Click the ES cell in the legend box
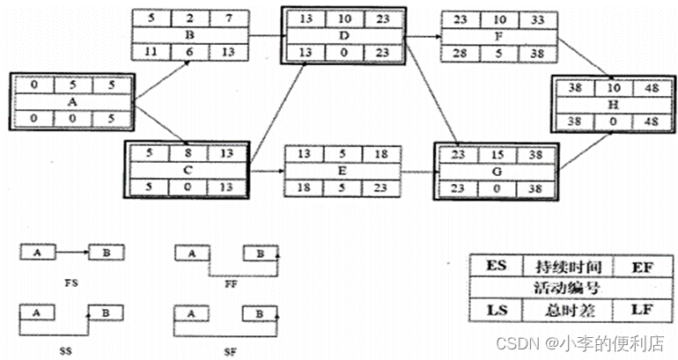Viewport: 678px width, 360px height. pos(498,265)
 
